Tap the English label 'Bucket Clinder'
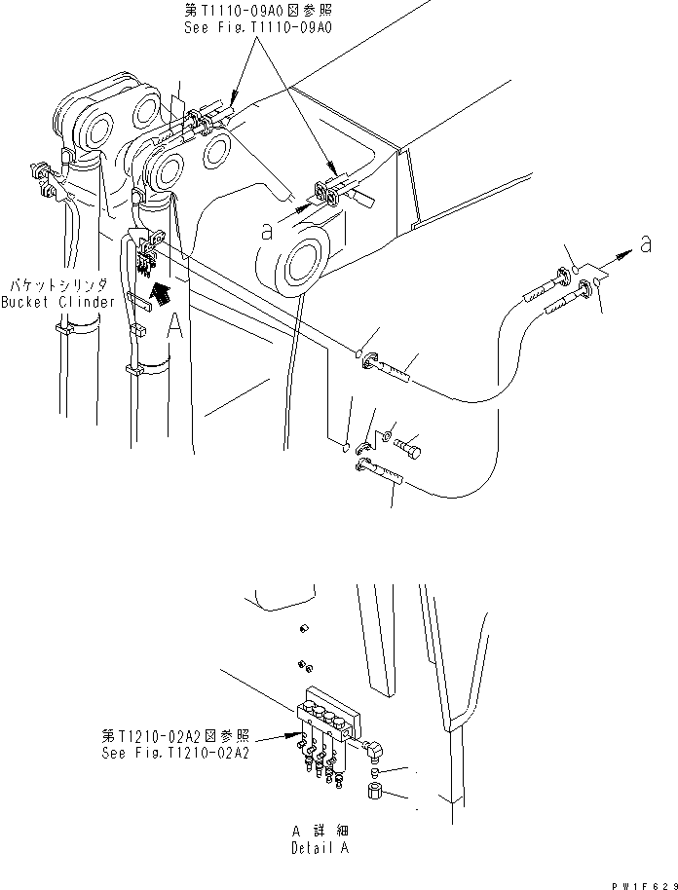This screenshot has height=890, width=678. (57, 302)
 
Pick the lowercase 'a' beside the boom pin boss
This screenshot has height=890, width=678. (266, 231)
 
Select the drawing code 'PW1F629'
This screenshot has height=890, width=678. (633, 881)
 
